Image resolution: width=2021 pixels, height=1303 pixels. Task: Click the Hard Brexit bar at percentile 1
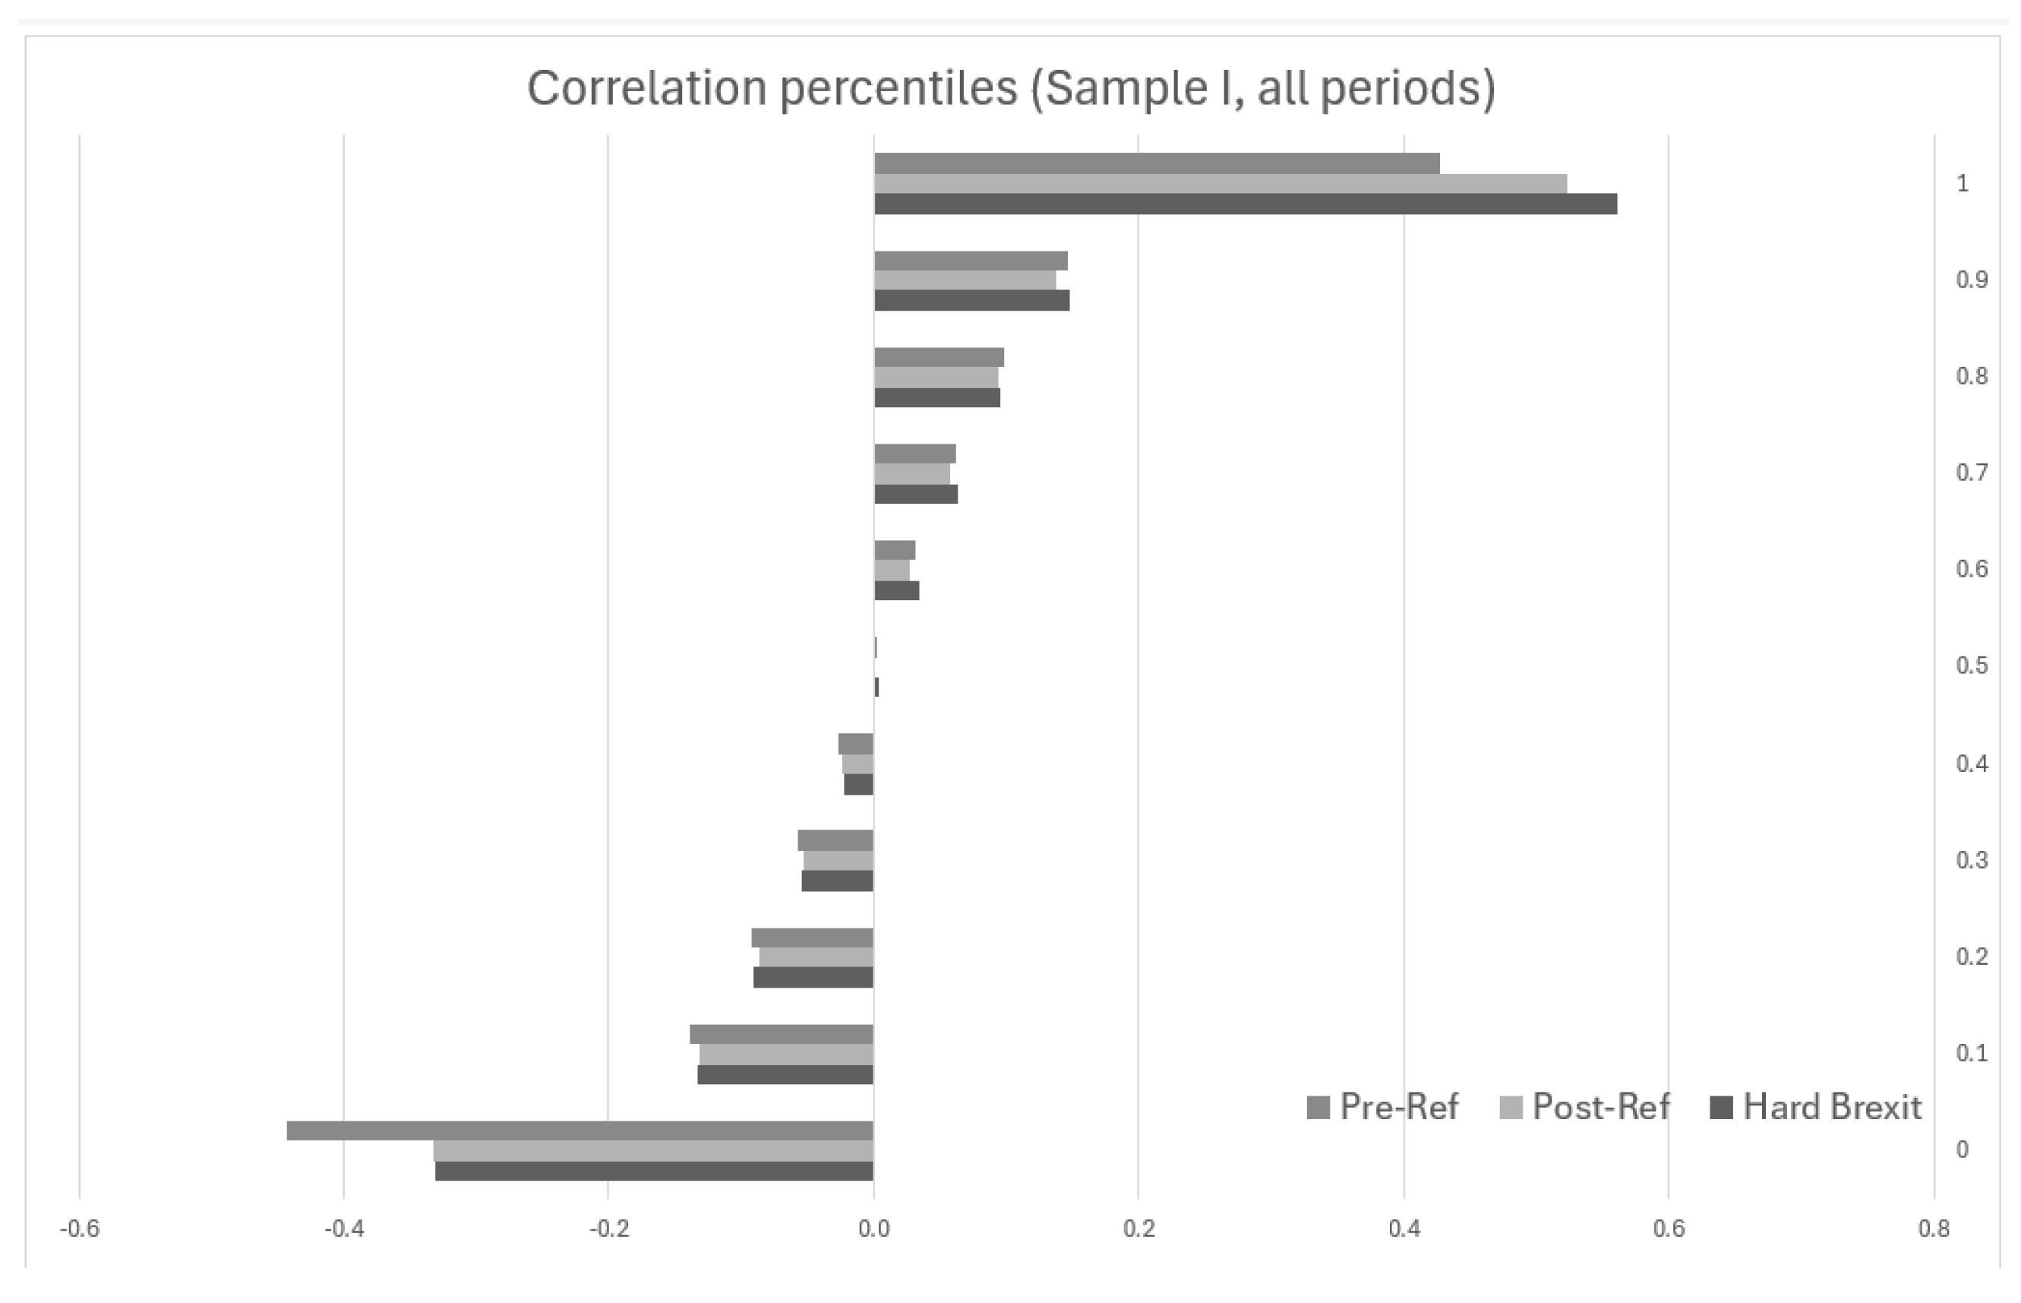pyautogui.click(x=1245, y=204)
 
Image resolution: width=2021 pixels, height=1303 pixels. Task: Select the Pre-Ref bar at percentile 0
pyautogui.click(x=579, y=1131)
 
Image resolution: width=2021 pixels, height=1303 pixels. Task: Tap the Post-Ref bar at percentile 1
pyautogui.click(x=1220, y=184)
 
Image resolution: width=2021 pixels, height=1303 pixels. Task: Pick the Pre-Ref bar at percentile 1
pyautogui.click(x=1156, y=163)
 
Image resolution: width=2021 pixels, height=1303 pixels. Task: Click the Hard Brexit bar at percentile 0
pyautogui.click(x=654, y=1171)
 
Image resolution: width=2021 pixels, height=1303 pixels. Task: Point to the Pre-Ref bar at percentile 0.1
pyautogui.click(x=782, y=1034)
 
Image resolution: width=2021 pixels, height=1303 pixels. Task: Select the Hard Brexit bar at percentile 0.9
pyautogui.click(x=971, y=300)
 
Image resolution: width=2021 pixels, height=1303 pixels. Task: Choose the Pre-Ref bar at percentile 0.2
pyautogui.click(x=812, y=938)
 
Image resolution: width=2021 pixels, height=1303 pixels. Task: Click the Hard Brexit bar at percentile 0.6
pyautogui.click(x=896, y=590)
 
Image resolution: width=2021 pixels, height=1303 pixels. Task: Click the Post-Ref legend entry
pyautogui.click(x=1584, y=1107)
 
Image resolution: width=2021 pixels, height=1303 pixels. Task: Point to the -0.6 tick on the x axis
pyautogui.click(x=80, y=1229)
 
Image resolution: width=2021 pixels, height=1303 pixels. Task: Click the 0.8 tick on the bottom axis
pyautogui.click(x=1934, y=1229)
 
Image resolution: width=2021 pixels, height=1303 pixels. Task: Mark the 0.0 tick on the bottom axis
pyautogui.click(x=873, y=1229)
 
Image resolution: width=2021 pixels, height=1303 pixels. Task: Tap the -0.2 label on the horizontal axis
pyautogui.click(x=608, y=1229)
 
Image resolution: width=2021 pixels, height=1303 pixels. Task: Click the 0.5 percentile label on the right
pyautogui.click(x=1972, y=665)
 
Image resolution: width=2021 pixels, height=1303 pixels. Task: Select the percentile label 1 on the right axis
pyautogui.click(x=1963, y=184)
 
